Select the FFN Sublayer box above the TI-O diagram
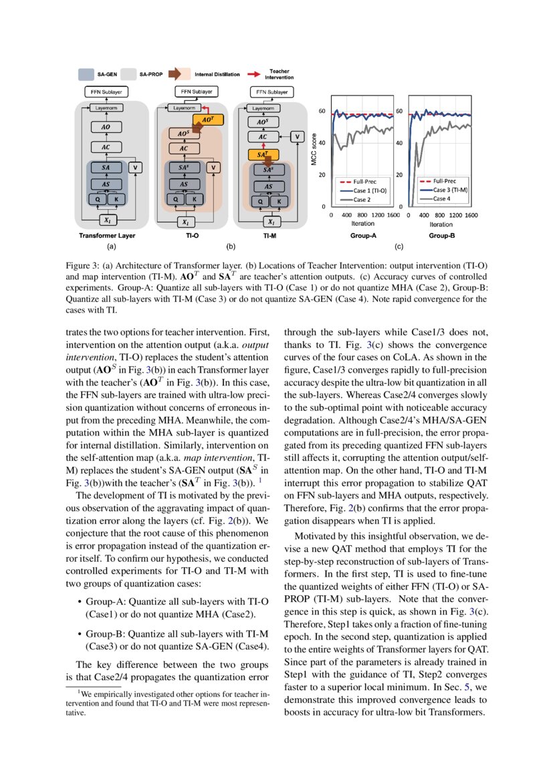[x=194, y=91]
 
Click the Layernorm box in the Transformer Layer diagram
[x=105, y=107]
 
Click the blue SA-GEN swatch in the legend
[x=86, y=75]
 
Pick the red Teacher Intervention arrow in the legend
[x=255, y=75]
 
